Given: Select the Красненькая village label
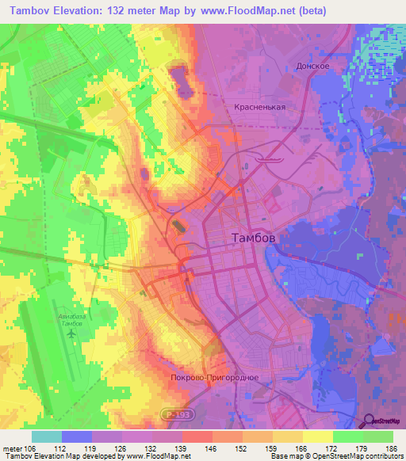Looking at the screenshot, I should (259, 107).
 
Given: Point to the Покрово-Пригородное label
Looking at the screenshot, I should (215, 377).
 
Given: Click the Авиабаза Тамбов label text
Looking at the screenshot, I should (75, 320).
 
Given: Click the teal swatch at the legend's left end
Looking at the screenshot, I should (46, 436).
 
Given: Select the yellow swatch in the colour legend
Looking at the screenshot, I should (318, 436).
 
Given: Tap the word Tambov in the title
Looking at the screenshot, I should (35, 11).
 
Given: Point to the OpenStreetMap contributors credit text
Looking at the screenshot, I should (359, 456).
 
